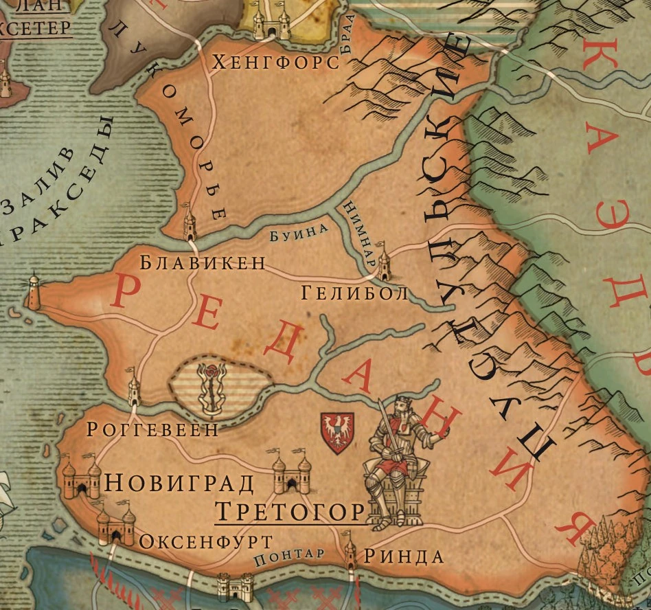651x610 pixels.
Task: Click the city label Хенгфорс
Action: point(277,63)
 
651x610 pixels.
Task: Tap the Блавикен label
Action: point(203,262)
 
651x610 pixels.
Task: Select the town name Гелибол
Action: point(354,293)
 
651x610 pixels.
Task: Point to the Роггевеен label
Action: point(152,429)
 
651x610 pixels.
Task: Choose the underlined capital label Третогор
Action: point(289,511)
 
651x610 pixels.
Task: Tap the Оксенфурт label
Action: point(206,541)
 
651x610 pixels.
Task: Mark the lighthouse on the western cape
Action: point(33,291)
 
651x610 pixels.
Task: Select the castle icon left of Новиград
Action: point(81,478)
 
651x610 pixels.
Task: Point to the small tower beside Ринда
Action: point(350,553)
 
